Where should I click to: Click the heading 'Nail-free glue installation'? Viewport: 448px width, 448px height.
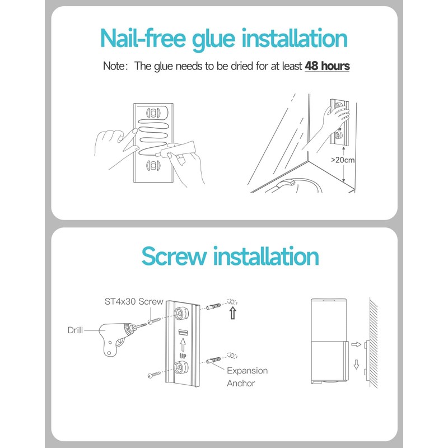[223, 38]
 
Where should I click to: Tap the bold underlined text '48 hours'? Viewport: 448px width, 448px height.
[327, 66]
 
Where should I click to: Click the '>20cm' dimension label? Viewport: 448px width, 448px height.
[343, 160]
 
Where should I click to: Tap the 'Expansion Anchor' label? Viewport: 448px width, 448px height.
[247, 377]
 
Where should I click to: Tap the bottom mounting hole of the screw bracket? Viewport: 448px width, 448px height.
[181, 368]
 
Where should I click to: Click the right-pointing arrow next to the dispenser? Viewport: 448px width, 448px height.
[354, 346]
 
